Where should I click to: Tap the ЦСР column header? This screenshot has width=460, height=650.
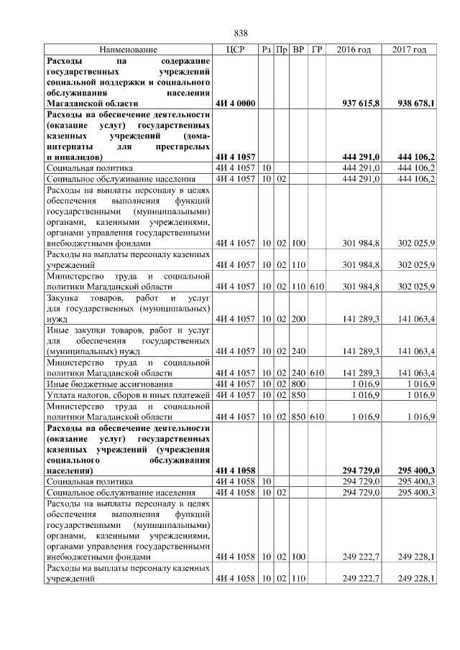[236, 50]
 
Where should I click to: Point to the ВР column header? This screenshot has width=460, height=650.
[299, 50]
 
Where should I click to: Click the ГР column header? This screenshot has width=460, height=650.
[317, 50]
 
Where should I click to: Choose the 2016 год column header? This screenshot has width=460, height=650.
[354, 50]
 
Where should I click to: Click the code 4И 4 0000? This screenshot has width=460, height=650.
[235, 104]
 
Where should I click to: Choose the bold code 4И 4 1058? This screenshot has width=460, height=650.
[235, 470]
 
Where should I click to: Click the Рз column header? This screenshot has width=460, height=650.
[266, 50]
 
